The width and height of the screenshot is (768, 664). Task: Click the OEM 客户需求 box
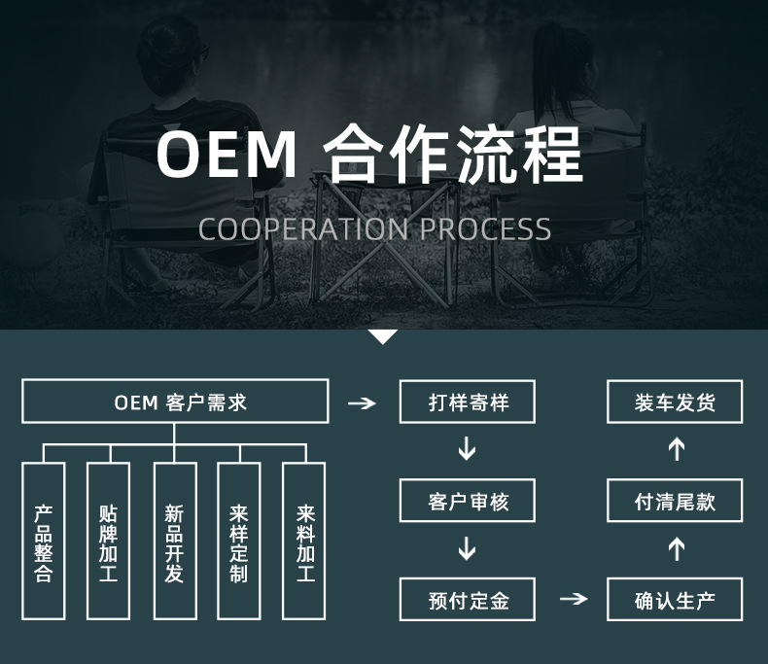175,402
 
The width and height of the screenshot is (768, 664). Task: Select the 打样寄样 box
468,402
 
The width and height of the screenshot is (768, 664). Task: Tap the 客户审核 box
468,502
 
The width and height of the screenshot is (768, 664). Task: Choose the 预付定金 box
468,599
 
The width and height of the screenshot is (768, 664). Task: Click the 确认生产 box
675,599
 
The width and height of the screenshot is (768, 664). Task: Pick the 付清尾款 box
675,502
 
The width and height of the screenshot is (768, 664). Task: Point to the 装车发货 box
675,402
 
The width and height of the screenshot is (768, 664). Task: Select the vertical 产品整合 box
44,541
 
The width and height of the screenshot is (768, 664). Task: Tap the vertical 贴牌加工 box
108,541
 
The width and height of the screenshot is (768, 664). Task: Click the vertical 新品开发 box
175,541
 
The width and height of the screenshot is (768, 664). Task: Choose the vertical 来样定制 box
239,541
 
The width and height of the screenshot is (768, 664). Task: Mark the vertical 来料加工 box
304,541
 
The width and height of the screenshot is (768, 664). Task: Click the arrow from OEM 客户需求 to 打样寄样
362,402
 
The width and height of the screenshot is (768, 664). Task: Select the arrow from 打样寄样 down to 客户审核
468,449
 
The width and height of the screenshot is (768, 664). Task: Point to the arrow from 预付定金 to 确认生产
574,599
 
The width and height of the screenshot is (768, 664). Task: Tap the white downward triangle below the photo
383,336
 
